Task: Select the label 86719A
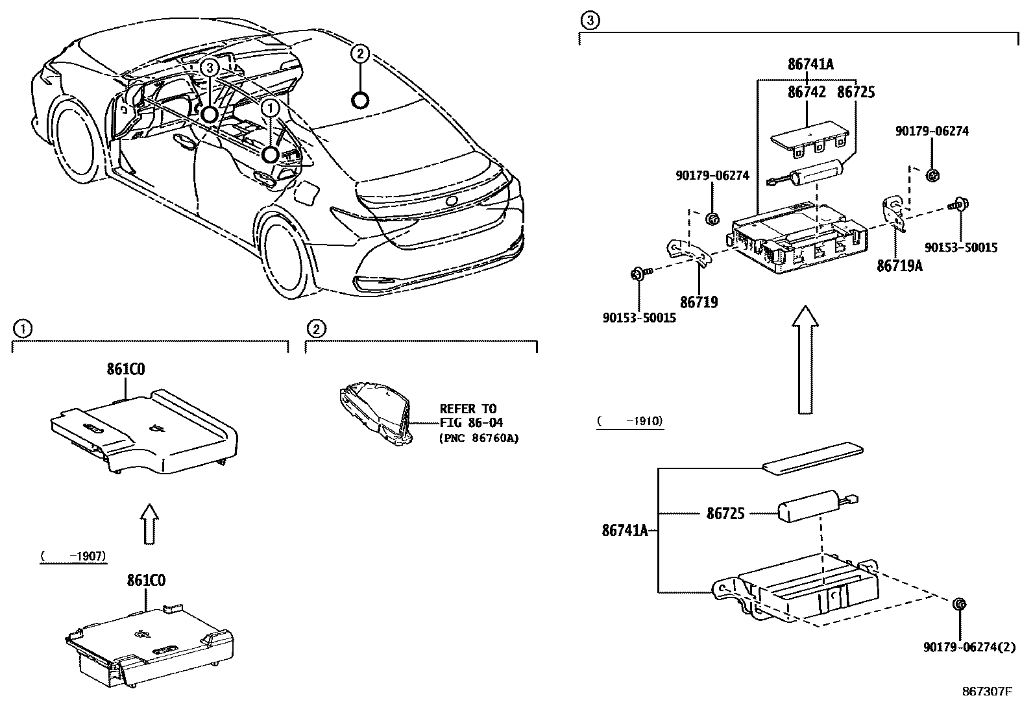[899, 265]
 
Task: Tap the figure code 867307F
[987, 692]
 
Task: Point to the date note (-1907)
[73, 556]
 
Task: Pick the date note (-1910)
[629, 421]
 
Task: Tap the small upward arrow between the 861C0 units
[149, 522]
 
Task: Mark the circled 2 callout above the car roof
[360, 53]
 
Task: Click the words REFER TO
[467, 409]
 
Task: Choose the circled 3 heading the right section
[588, 21]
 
